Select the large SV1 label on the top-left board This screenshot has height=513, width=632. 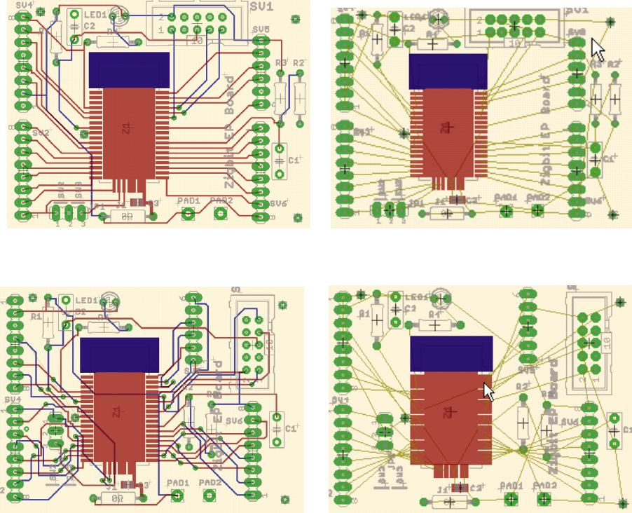(263, 9)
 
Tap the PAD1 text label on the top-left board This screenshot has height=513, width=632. (188, 200)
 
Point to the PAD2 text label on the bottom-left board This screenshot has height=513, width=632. (209, 483)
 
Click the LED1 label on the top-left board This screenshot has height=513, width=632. (96, 14)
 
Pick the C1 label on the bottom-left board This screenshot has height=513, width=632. (292, 426)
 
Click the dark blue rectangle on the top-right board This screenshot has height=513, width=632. (448, 71)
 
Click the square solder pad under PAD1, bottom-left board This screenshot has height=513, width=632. (177, 497)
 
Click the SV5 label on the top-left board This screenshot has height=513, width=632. (261, 29)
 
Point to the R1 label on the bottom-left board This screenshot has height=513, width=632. (36, 316)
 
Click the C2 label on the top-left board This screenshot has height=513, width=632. (89, 26)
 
